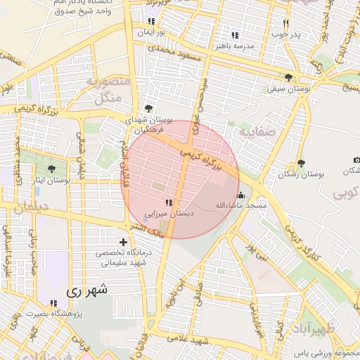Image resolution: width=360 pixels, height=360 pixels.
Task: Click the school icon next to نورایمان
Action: (152, 21)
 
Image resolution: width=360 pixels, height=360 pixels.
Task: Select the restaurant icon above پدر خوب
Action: (285, 22)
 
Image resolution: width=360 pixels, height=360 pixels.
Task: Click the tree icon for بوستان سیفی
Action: (288, 77)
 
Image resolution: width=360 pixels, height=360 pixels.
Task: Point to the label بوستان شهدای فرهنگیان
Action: (147, 126)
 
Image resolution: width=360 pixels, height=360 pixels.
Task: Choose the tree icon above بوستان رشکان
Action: (302, 163)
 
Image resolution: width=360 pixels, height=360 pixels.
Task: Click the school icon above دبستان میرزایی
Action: (167, 202)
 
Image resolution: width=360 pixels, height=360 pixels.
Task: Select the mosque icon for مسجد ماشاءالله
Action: (241, 195)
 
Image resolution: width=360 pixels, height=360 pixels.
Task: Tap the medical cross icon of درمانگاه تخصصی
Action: (124, 243)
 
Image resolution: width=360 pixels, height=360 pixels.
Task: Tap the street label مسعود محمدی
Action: (174, 53)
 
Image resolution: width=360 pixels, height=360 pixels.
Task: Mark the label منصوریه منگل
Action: (108, 89)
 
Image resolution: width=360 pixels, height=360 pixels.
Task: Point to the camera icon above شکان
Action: (356, 161)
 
